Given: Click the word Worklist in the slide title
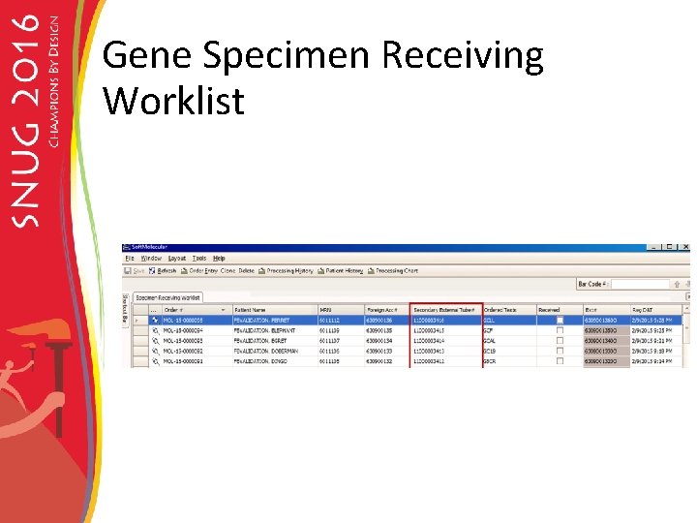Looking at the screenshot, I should (x=173, y=101).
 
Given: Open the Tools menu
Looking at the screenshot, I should (x=199, y=259).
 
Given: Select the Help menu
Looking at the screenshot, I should (x=219, y=259).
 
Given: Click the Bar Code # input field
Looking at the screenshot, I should (x=640, y=285).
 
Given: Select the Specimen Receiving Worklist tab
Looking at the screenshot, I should (x=168, y=298).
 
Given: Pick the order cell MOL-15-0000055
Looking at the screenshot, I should (x=184, y=320).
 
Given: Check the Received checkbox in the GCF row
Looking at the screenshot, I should (x=559, y=330).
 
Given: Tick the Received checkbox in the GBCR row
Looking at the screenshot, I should (x=559, y=361).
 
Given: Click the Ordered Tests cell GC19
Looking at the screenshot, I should (x=490, y=351).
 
